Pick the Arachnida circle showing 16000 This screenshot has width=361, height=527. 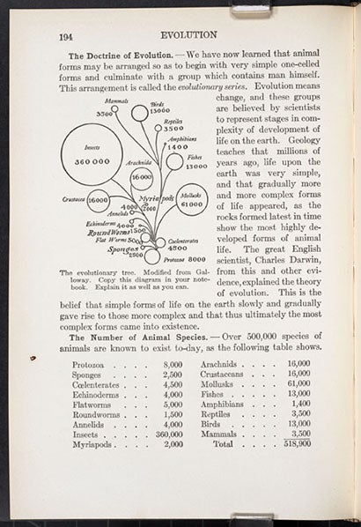[141, 176]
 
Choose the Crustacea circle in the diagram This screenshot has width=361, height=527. [98, 199]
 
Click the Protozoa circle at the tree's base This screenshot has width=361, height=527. [152, 256]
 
